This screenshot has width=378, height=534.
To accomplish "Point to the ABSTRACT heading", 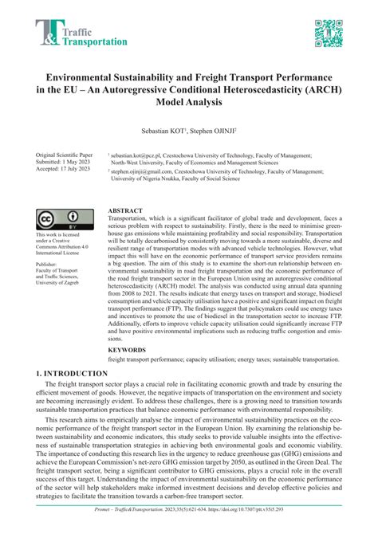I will pyautogui.click(x=127, y=212).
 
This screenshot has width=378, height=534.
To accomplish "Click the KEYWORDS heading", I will pyautogui.click(x=128, y=348).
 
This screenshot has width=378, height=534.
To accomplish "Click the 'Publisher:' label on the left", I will pyautogui.click(x=47, y=262).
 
